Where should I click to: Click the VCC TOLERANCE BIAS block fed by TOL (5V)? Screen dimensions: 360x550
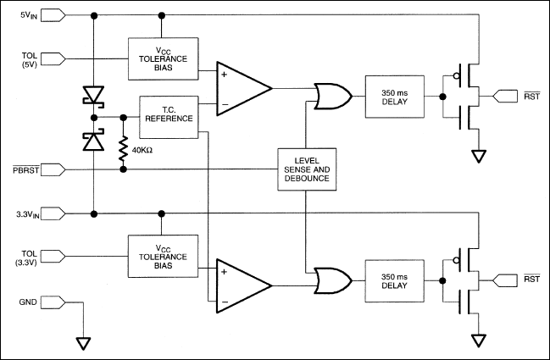click(163, 58)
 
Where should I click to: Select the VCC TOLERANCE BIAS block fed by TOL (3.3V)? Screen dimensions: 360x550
click(163, 256)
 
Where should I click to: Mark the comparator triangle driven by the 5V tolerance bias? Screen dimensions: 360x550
click(241, 88)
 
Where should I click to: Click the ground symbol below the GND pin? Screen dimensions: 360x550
click(83, 342)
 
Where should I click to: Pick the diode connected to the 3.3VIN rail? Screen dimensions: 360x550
click(92, 140)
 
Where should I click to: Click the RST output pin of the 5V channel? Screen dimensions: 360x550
click(510, 95)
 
